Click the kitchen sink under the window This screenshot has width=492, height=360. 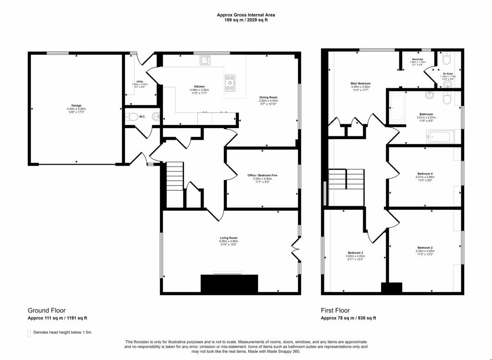tap(205, 60)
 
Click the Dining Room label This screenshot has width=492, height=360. tap(269, 97)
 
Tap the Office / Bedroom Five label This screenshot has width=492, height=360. tap(262, 175)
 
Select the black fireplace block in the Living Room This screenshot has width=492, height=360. tap(229, 284)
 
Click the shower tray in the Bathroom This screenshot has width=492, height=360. tap(397, 108)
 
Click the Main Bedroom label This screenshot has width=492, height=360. tap(360, 84)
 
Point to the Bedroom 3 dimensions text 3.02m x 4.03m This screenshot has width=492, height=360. tap(356, 256)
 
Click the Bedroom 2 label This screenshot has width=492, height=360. tap(425, 248)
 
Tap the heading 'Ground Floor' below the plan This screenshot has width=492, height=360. tap(47, 311)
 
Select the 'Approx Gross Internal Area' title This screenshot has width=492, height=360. tap(246, 15)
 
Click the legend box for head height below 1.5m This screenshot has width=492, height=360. tap(29, 333)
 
